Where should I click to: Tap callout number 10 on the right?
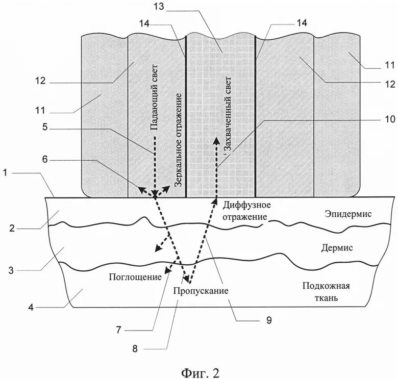point(389,119)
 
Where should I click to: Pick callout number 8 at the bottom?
point(135,349)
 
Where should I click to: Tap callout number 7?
point(118,330)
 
